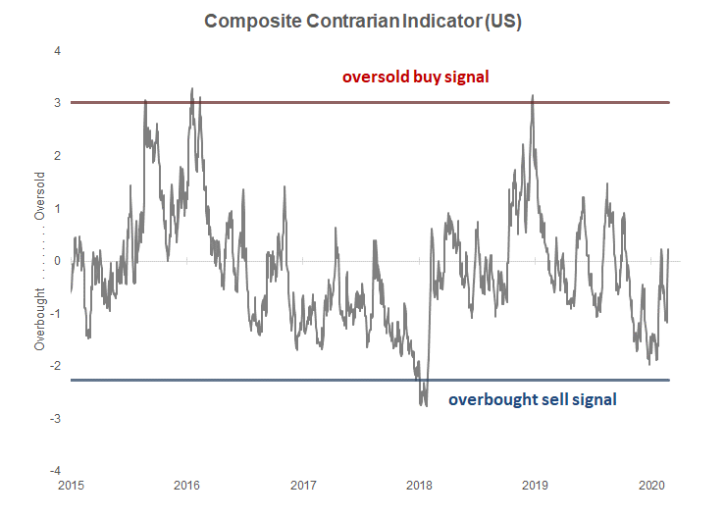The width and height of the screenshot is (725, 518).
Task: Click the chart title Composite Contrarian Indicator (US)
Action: click(x=362, y=23)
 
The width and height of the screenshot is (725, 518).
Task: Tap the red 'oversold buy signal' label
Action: click(x=415, y=77)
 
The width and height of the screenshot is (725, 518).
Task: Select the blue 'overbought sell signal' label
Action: click(x=533, y=399)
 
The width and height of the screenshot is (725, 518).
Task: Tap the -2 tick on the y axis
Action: click(x=57, y=366)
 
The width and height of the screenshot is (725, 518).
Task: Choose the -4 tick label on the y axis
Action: click(x=57, y=471)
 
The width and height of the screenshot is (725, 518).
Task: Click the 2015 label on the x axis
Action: click(x=71, y=486)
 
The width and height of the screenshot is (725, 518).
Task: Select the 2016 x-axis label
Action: click(x=187, y=486)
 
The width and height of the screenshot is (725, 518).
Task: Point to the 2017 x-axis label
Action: click(x=303, y=486)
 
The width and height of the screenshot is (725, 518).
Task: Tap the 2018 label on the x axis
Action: click(x=420, y=486)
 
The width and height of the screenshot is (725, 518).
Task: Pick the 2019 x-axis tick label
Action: click(x=536, y=486)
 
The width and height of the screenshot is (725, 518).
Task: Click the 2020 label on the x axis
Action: click(x=652, y=486)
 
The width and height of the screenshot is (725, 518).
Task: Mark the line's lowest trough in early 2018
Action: click(x=425, y=404)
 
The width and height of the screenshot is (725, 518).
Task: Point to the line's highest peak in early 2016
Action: click(x=191, y=88)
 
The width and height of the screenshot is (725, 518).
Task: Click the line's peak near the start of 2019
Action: click(x=533, y=95)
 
